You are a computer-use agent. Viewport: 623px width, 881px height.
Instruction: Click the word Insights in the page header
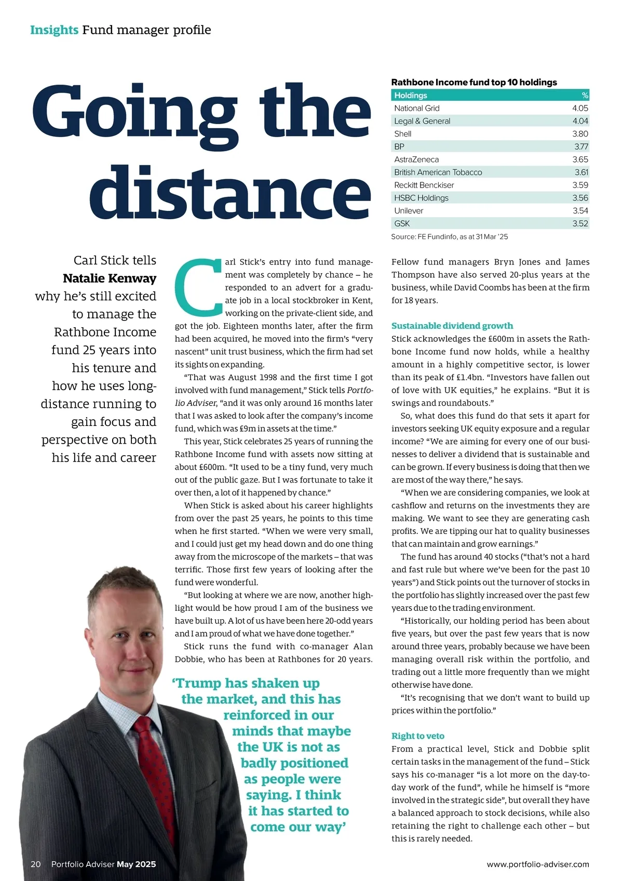(x=54, y=30)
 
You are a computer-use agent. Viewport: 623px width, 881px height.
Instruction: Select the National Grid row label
(x=416, y=109)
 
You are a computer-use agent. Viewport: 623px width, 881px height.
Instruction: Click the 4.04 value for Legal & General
(x=580, y=121)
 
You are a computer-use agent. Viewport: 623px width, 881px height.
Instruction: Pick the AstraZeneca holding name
(x=416, y=159)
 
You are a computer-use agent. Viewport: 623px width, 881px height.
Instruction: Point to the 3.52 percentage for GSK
(x=580, y=223)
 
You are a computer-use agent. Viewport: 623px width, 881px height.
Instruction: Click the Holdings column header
(x=411, y=96)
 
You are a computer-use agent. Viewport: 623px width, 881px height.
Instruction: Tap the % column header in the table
(x=585, y=96)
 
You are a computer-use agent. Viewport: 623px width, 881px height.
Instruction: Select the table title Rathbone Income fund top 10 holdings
(x=473, y=82)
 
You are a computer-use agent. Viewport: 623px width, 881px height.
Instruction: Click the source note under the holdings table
(x=449, y=237)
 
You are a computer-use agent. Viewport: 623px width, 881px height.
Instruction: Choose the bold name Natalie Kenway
(x=110, y=278)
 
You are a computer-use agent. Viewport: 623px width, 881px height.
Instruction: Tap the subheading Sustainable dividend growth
(x=452, y=326)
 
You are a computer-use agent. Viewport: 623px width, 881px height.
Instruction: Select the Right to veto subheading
(x=417, y=736)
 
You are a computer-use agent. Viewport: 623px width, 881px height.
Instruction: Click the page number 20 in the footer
(x=36, y=864)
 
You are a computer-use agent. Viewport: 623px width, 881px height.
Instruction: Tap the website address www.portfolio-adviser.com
(x=538, y=864)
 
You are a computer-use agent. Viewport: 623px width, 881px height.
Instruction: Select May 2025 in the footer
(x=136, y=864)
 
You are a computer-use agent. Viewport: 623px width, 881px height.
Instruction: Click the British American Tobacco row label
(x=438, y=172)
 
